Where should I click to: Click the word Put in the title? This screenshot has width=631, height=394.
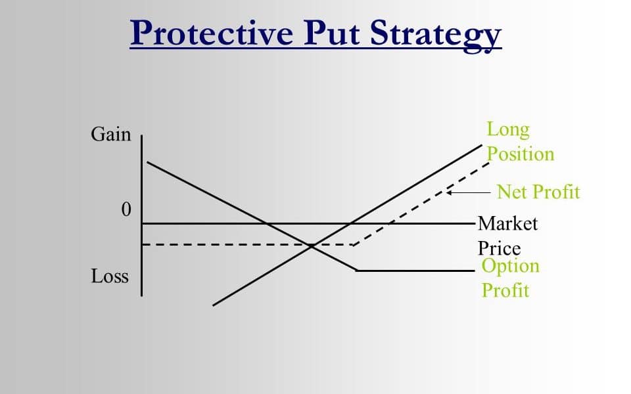[x=331, y=33]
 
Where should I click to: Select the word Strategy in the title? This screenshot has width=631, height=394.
[x=435, y=35]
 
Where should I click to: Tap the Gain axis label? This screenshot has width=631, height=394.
[x=110, y=134]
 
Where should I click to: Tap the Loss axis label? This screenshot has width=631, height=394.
[x=110, y=276]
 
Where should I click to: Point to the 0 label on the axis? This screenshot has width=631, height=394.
[x=126, y=209]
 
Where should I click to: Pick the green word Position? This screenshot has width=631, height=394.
[x=521, y=154]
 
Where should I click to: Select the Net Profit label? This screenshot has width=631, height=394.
[x=538, y=192]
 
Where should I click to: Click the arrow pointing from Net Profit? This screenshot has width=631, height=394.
[x=469, y=192]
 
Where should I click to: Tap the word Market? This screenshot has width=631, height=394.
[x=507, y=223]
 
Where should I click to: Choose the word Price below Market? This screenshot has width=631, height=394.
[x=499, y=248]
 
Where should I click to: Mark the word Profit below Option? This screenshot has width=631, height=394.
[x=505, y=290]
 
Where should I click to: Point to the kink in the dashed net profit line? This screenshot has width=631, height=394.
[x=353, y=245]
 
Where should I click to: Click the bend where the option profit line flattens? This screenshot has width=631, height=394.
[x=356, y=271]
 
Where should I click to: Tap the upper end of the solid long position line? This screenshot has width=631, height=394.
[x=482, y=144]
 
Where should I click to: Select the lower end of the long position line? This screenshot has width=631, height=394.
[x=213, y=305]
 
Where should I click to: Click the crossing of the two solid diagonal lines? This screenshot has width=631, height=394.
[x=311, y=246]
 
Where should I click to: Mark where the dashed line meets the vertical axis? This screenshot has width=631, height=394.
[x=142, y=244]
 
